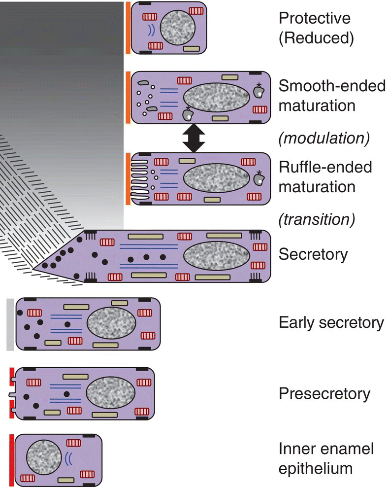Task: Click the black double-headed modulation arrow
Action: coord(193,139)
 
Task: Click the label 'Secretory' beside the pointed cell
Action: coord(313,254)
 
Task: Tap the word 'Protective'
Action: coord(315,19)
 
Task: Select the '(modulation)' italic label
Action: coord(324,139)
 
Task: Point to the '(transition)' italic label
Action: coord(317,219)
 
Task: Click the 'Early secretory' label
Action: coord(331,323)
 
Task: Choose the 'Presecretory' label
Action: coord(324,394)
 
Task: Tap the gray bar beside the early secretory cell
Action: coord(10,324)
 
